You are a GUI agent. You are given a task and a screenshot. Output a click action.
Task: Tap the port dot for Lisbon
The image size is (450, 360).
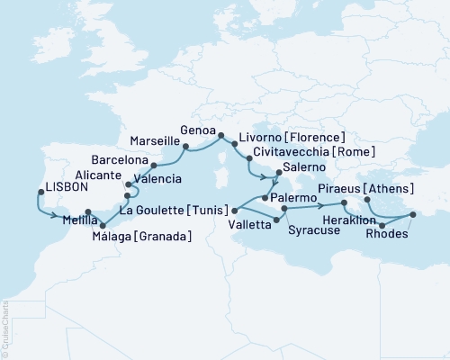coord(40,192)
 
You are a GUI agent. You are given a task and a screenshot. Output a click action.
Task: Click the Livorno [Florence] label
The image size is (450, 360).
coord(280,139)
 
